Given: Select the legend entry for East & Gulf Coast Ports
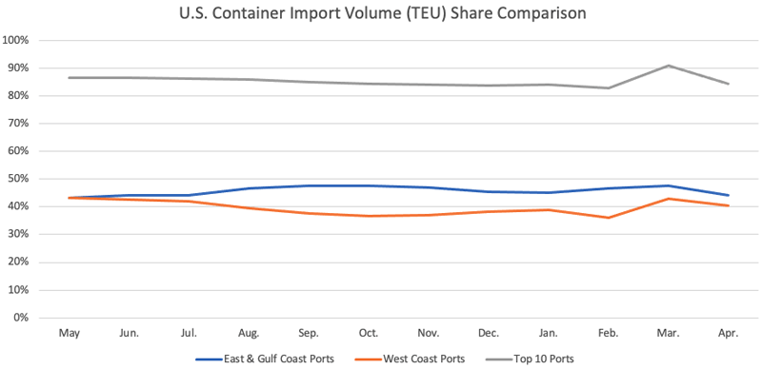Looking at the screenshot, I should point(258,359).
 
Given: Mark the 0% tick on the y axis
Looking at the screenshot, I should point(20,318).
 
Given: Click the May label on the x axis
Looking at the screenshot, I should point(69,334).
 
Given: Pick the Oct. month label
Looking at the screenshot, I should point(369,334).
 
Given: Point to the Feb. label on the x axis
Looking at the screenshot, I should point(609,334).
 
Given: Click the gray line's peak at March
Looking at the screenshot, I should point(669,66).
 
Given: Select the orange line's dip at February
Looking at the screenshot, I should point(609,218).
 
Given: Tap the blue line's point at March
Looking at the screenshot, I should point(669,185).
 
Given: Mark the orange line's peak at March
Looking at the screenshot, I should point(669,199).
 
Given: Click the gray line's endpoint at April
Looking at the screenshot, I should point(729,84).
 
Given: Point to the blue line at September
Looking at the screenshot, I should point(309,185).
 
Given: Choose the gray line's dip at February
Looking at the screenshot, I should point(609,88).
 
